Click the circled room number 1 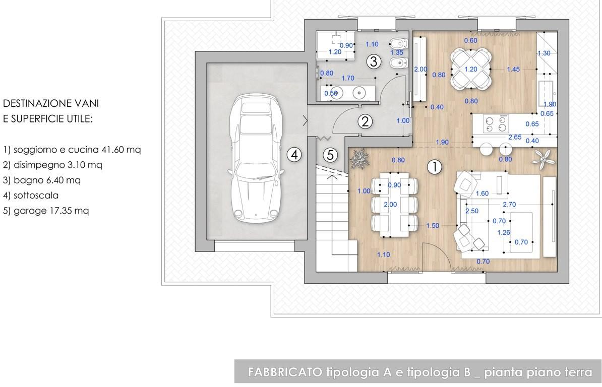(x=434, y=167)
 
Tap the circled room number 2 (x=365, y=121)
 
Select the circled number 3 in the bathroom (x=374, y=61)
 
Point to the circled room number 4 (x=294, y=155)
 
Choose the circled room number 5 (x=330, y=155)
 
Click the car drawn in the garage (x=256, y=157)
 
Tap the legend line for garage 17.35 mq (x=46, y=211)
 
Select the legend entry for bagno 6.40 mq (x=42, y=180)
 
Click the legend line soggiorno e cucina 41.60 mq (x=72, y=150)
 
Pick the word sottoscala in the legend (x=36, y=195)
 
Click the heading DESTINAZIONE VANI (x=51, y=103)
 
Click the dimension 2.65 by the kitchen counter (x=515, y=137)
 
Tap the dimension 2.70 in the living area (x=509, y=205)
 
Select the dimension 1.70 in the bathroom (x=348, y=78)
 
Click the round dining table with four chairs (x=471, y=69)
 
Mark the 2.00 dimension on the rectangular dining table (x=390, y=205)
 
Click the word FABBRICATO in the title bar (x=285, y=372)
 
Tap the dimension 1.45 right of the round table (x=513, y=70)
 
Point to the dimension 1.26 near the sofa (x=503, y=232)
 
